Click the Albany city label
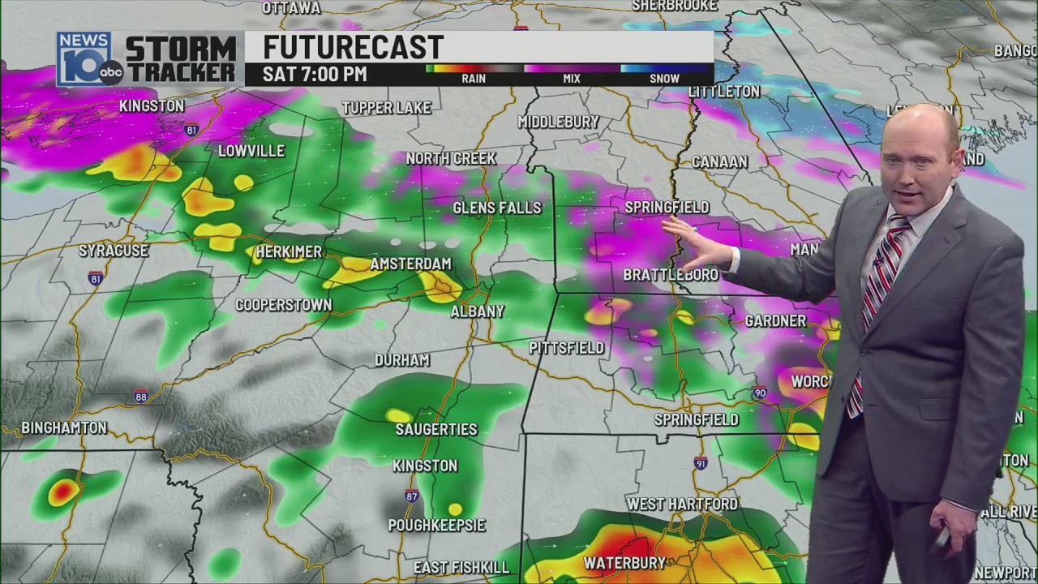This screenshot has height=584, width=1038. [x=478, y=311]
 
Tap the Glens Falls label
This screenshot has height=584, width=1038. [x=496, y=208]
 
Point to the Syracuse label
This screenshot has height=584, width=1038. [x=114, y=251]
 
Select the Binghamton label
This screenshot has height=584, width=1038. [x=64, y=427]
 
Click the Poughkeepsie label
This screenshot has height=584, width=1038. [x=436, y=526]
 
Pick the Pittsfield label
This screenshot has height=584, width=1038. [x=566, y=348]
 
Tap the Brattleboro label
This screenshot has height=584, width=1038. [x=670, y=276]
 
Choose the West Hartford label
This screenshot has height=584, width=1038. [x=682, y=505]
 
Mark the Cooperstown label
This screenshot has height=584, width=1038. [x=283, y=305]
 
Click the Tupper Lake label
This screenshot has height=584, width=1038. [x=386, y=108]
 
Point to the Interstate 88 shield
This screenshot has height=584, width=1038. [x=141, y=397]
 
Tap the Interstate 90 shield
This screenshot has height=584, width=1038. [x=760, y=393]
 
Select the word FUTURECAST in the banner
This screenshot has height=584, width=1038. [x=353, y=47]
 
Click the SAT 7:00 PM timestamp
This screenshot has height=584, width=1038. [x=315, y=75]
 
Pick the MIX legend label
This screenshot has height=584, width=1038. [x=572, y=79]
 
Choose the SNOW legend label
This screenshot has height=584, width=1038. [x=664, y=79]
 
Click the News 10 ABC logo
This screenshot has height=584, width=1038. [x=88, y=59]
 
